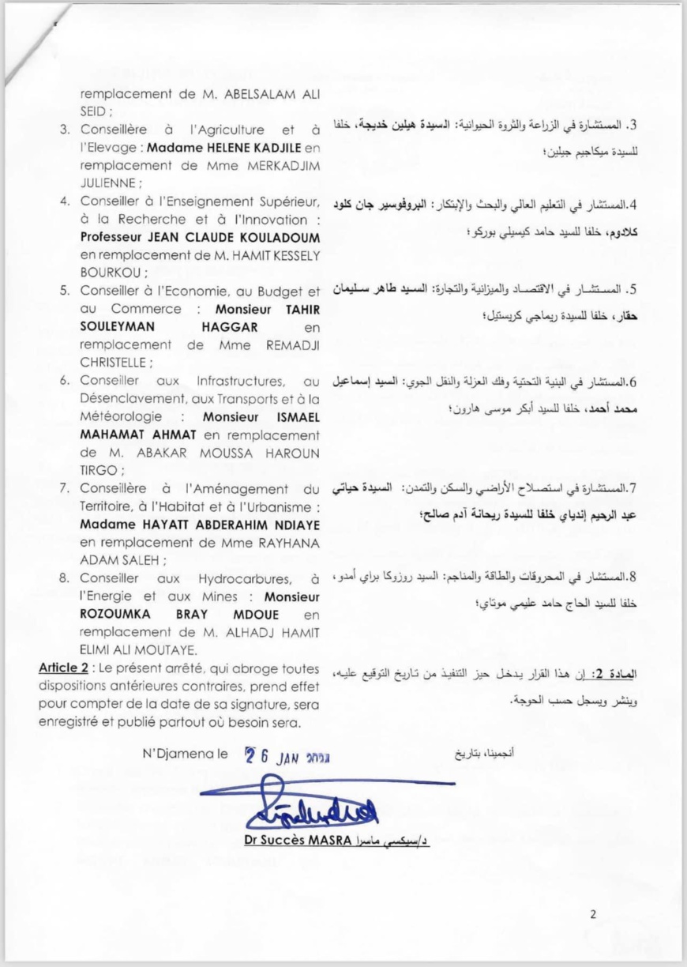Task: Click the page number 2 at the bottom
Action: [x=593, y=916]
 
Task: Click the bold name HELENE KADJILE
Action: [x=225, y=148]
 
